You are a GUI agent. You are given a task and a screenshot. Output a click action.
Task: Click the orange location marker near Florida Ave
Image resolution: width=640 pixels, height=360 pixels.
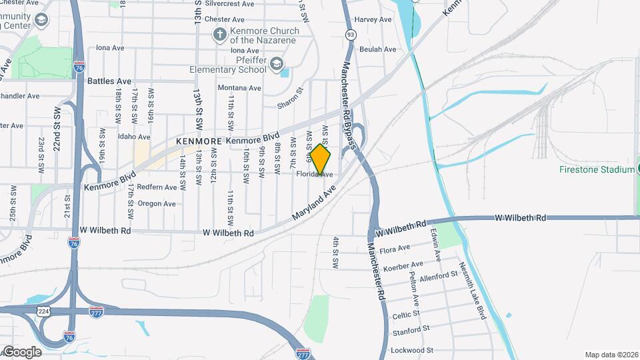[320, 159]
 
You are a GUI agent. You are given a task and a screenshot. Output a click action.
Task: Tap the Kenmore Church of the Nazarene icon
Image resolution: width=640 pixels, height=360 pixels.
[219, 34]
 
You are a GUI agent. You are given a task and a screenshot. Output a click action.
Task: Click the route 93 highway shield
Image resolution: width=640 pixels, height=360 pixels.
[350, 34]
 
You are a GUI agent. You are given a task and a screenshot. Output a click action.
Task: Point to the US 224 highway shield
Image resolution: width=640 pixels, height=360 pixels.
[43, 311]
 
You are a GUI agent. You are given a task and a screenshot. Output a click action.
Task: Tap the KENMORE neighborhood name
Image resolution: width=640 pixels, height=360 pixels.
[198, 142]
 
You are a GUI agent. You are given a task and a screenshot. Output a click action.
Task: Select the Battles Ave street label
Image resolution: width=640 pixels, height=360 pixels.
[109, 81]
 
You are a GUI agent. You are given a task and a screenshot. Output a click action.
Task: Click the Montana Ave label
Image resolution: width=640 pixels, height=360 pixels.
[239, 88]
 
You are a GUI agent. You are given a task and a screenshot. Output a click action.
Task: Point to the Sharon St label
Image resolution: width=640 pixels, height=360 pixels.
[290, 98]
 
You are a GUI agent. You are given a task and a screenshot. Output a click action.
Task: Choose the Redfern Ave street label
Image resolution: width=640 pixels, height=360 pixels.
[157, 187]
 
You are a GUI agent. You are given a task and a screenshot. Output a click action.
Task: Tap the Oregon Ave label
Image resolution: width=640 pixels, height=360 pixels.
[157, 203]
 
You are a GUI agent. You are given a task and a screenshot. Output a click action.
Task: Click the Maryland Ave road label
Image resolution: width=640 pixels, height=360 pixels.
[313, 203]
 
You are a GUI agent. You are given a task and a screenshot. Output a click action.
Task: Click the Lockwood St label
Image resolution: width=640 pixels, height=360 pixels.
[412, 349]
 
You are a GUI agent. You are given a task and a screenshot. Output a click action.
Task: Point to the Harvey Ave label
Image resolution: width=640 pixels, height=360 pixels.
[373, 20]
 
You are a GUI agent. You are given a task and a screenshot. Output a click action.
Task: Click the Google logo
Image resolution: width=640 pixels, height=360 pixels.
[22, 351]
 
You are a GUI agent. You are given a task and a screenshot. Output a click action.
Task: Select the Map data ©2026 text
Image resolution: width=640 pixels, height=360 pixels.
[611, 355]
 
